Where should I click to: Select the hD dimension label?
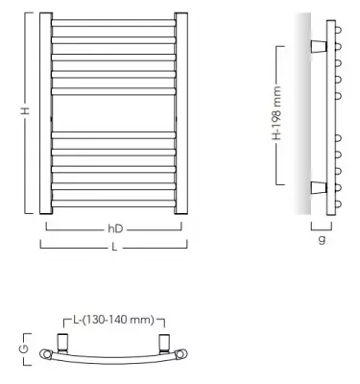tap(113, 228)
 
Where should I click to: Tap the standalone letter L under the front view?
tap(113, 246)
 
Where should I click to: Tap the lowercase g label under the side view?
tap(322, 239)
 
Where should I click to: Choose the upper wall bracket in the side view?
tap(317, 45)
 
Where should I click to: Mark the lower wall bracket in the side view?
tap(317, 185)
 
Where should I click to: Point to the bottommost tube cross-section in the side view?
tap(338, 204)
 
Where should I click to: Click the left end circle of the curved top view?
tap(45, 354)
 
